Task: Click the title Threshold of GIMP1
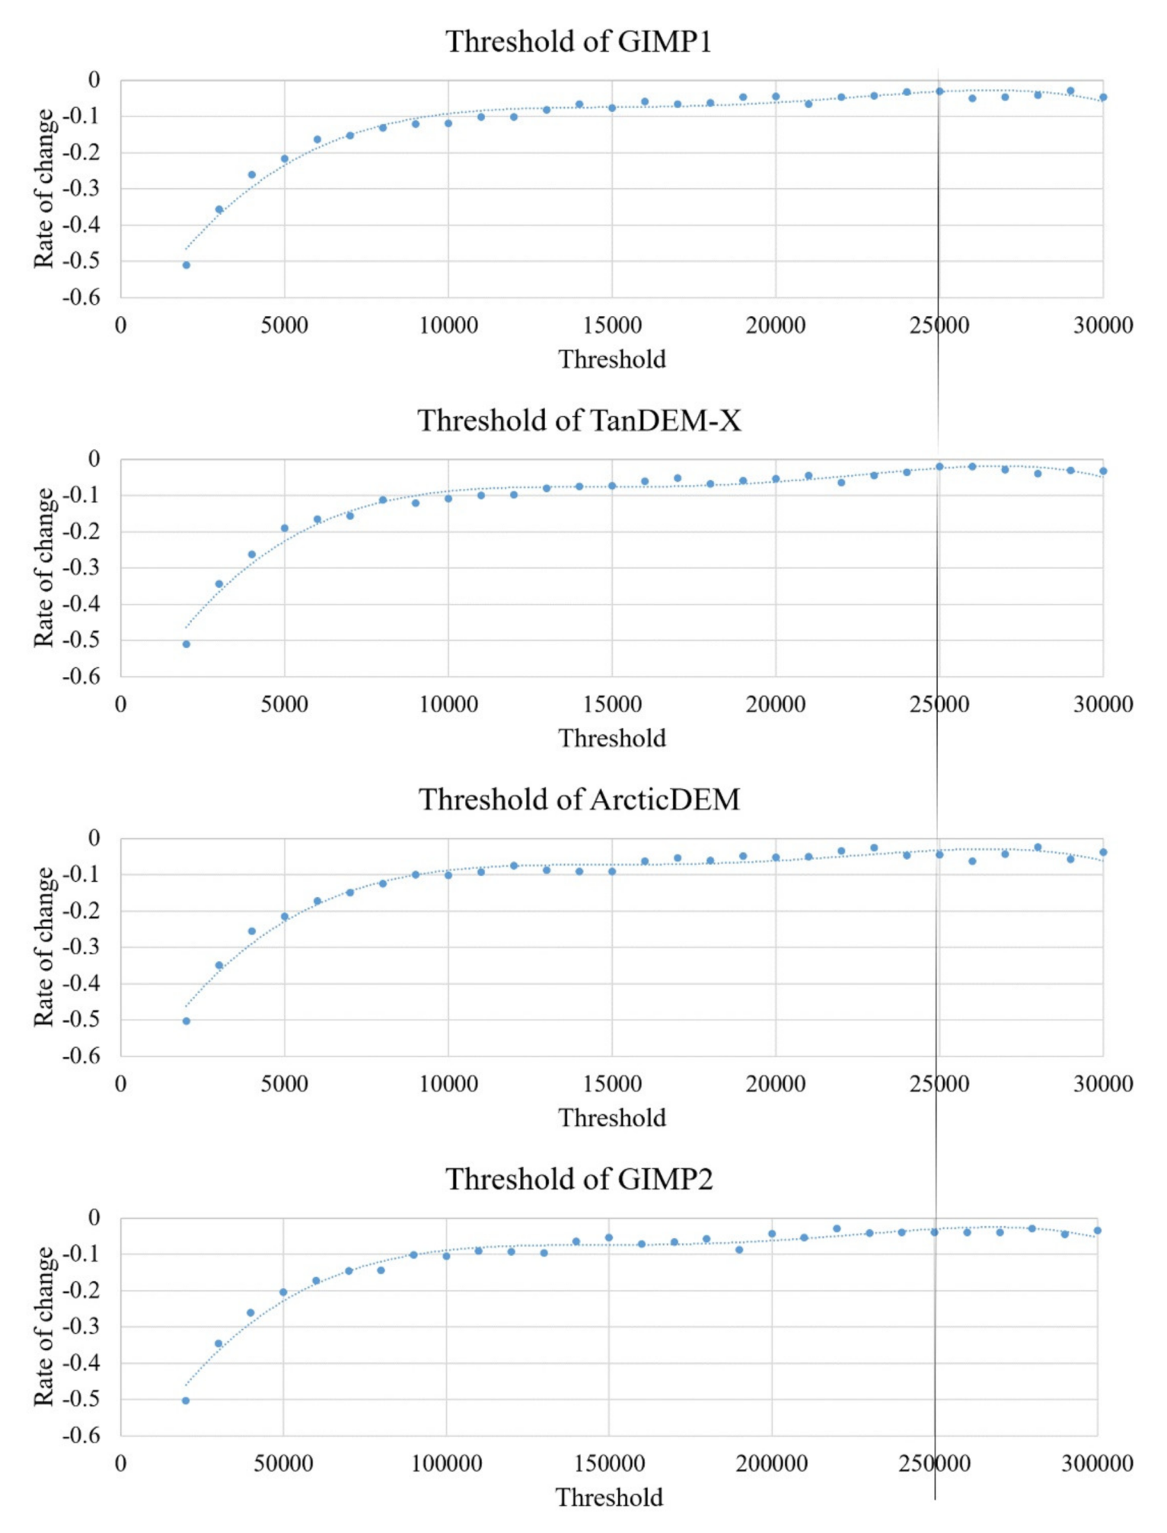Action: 579,41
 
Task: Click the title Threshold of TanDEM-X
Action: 579,420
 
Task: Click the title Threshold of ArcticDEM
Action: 579,800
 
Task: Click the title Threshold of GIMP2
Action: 579,1179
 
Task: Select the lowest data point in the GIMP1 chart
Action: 186,265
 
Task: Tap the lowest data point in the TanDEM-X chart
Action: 186,644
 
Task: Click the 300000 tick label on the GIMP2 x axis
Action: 1097,1463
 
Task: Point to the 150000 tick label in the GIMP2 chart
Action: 609,1463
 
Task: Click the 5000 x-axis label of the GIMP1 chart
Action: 284,326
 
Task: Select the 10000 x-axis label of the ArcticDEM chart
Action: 448,1084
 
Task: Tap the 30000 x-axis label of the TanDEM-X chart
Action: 1103,704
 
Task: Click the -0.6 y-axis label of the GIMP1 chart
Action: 81,298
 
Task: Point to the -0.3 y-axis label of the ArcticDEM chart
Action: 81,947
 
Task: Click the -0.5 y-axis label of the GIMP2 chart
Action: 81,1399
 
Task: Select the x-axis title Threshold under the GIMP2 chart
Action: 609,1497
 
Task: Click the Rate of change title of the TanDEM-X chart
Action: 44,568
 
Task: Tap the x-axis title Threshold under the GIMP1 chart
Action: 612,359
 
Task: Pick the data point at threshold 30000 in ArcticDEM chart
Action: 1103,852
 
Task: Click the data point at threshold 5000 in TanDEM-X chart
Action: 285,528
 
